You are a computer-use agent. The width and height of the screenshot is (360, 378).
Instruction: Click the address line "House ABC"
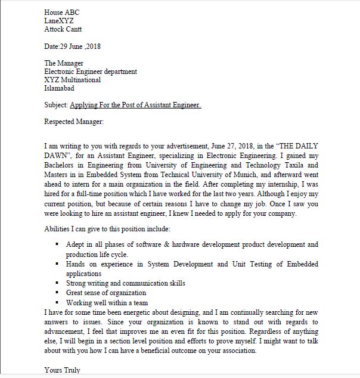61,12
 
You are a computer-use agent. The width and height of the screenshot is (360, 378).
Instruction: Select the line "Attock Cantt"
63,29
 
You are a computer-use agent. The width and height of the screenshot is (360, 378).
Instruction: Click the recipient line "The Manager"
64,63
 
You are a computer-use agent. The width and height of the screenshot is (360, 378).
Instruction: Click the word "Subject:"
56,106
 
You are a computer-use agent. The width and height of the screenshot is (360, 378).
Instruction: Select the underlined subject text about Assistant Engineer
135,106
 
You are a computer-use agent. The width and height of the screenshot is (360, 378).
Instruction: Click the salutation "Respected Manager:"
74,122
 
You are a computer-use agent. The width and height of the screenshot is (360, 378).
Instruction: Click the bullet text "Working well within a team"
107,302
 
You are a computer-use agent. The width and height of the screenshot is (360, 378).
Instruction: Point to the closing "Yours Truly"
61,370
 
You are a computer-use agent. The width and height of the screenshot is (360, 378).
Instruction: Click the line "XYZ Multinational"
73,80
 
